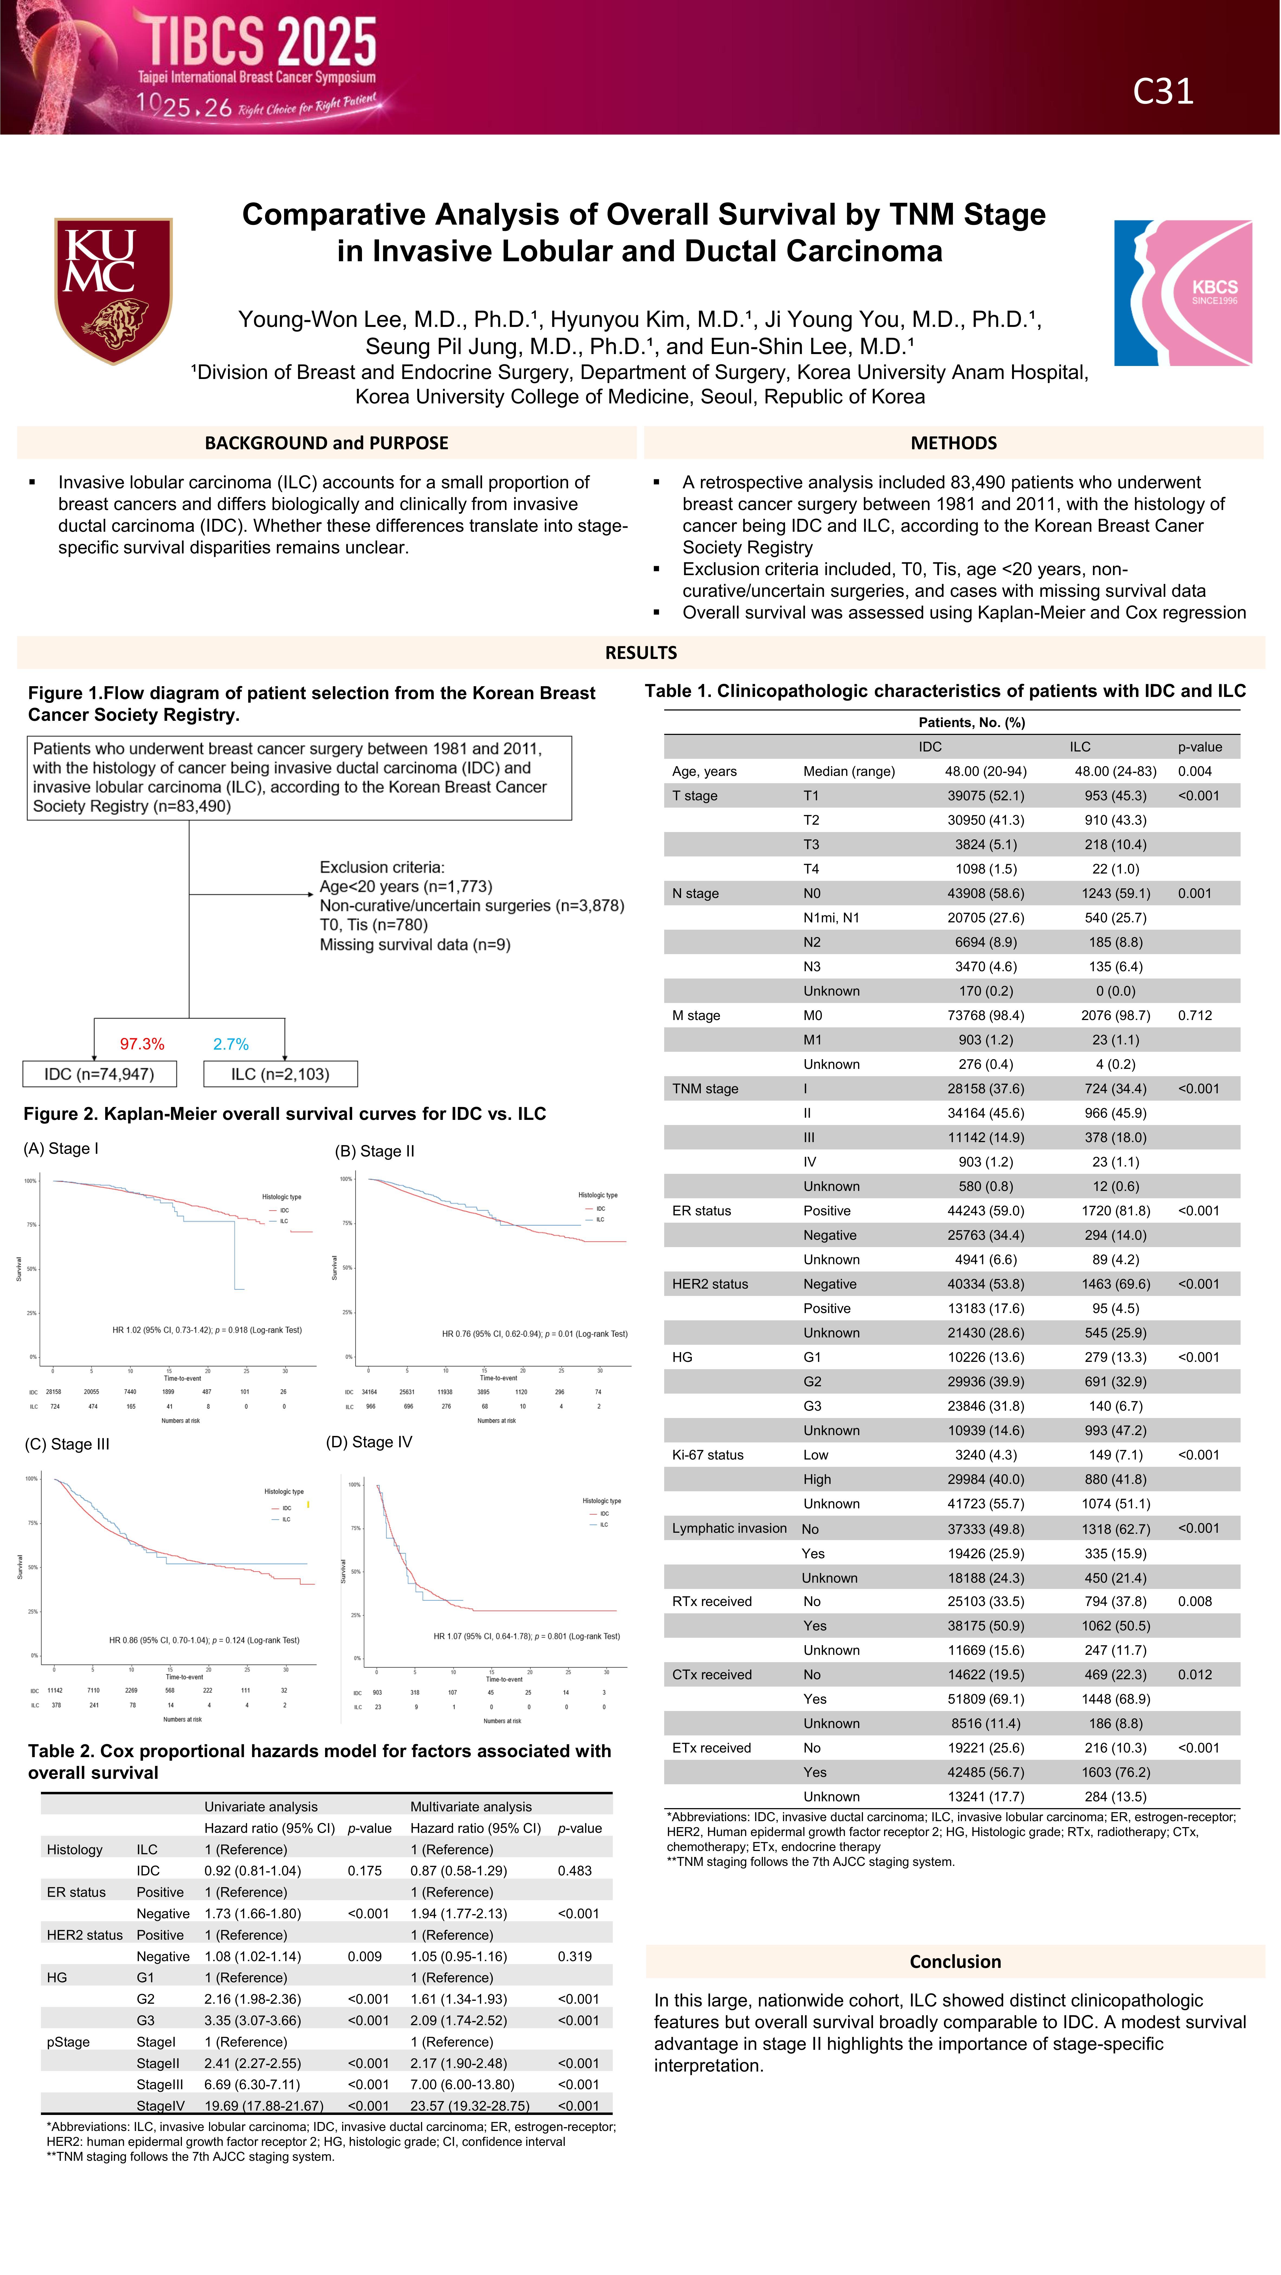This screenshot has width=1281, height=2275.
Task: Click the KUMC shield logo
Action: (x=113, y=290)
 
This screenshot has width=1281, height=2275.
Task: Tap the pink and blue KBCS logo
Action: (x=1182, y=292)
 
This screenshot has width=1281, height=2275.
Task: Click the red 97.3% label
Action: (x=142, y=1044)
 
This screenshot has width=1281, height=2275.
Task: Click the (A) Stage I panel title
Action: (x=61, y=1148)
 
